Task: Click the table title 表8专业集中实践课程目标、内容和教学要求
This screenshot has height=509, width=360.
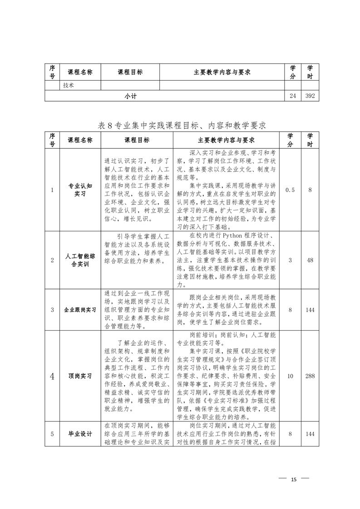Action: click(182, 125)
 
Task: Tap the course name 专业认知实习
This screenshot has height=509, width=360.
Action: click(80, 190)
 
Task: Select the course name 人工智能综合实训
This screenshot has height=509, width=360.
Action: click(80, 260)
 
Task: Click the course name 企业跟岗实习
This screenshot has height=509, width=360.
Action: click(80, 310)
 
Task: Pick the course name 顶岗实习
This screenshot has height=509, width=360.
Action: click(80, 376)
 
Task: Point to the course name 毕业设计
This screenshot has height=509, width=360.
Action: click(80, 434)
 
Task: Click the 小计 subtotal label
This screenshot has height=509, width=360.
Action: click(131, 96)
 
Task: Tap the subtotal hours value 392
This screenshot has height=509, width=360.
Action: click(310, 96)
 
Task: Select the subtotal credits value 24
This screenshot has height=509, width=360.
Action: click(293, 96)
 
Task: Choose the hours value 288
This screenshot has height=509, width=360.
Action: click(310, 376)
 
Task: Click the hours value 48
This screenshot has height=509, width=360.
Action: click(310, 260)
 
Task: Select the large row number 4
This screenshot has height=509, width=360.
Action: click(52, 376)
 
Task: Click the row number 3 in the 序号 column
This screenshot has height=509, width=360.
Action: click(52, 310)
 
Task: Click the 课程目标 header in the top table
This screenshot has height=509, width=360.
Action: click(130, 72)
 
